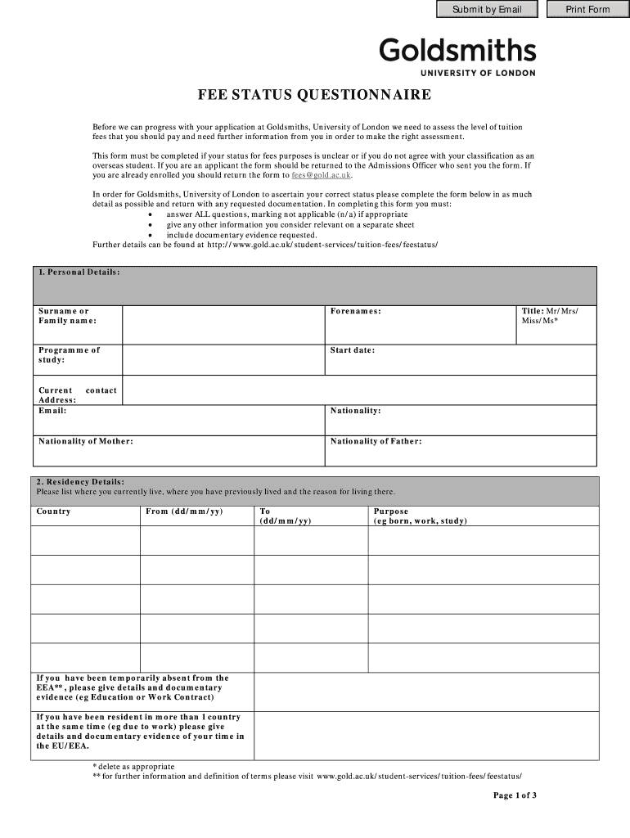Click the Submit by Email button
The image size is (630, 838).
click(x=486, y=10)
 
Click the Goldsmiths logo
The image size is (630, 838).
click(x=457, y=56)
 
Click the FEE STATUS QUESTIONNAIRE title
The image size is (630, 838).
click(x=313, y=96)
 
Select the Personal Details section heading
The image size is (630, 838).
click(x=79, y=272)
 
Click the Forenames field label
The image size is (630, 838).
click(x=355, y=312)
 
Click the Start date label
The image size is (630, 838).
click(x=352, y=350)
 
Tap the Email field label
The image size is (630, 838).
click(x=52, y=411)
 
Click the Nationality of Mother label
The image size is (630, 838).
click(x=86, y=442)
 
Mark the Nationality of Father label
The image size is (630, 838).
click(x=376, y=442)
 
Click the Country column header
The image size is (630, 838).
click(x=54, y=511)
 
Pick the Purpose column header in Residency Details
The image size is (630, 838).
click(x=391, y=511)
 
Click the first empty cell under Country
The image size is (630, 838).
click(x=85, y=540)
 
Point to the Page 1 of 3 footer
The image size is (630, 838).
click(x=514, y=795)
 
